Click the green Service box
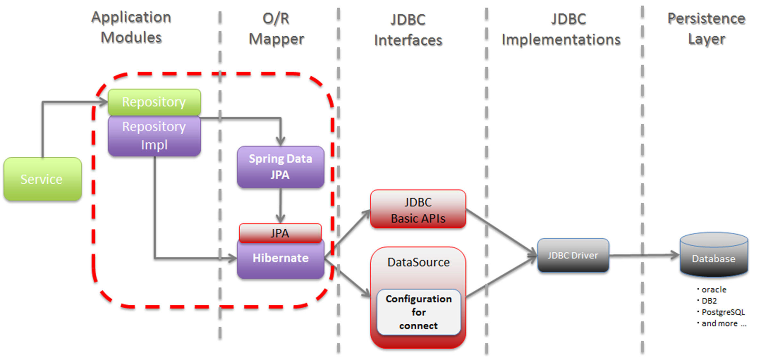(42, 179)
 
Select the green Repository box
(154, 102)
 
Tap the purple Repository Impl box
(154, 136)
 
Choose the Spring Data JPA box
(280, 167)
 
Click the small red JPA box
(280, 233)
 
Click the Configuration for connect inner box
(419, 312)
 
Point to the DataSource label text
(419, 262)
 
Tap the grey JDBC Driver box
(573, 255)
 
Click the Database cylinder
(714, 255)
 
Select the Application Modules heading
(131, 27)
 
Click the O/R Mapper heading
(276, 29)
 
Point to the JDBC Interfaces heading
(408, 30)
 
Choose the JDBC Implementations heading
(561, 29)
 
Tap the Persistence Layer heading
(706, 29)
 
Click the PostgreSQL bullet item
(723, 312)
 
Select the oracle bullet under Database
(714, 290)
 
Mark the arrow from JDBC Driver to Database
(644, 255)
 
